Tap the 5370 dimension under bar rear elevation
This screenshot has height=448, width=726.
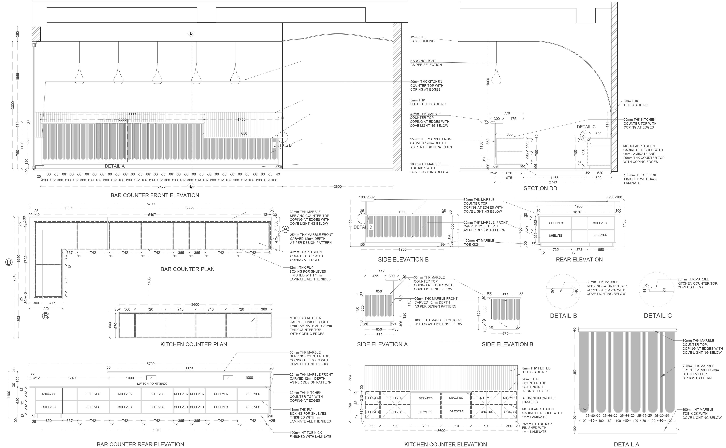[x=156, y=430]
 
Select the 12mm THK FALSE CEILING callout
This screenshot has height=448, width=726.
[x=422, y=39]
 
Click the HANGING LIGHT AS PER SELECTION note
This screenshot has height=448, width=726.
[x=426, y=63]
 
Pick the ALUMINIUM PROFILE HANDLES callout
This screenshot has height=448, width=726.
[x=539, y=400]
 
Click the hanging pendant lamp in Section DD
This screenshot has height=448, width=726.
[x=496, y=78]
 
